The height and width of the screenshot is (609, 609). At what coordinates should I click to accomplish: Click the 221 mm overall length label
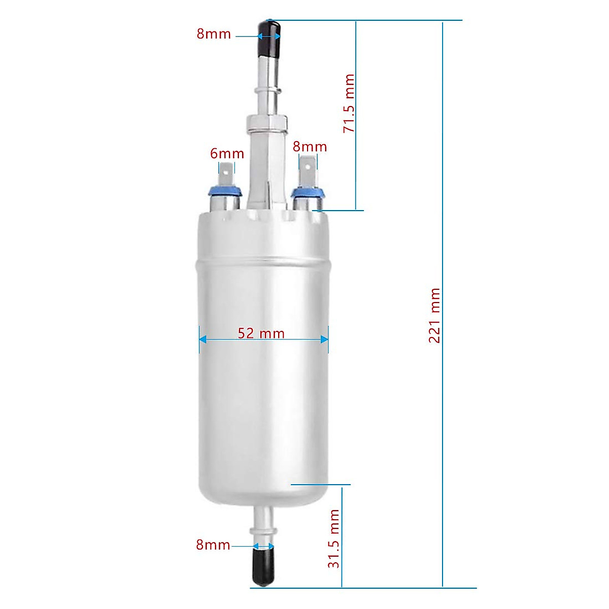click(x=434, y=316)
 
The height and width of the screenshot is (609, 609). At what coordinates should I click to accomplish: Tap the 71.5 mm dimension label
click(x=349, y=104)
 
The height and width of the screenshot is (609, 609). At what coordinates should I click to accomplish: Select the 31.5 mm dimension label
click(x=333, y=539)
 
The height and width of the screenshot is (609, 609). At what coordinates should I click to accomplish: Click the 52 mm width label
click(x=261, y=333)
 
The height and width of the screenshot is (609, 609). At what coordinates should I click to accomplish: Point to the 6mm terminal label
click(x=227, y=153)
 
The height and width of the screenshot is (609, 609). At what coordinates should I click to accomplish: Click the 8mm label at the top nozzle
click(x=214, y=34)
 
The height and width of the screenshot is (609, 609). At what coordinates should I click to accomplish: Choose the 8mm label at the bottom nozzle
click(x=213, y=545)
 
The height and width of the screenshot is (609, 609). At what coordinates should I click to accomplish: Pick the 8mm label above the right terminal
click(x=310, y=147)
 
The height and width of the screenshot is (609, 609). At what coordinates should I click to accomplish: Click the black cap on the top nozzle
click(x=269, y=40)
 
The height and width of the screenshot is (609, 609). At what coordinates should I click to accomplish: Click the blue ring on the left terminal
click(x=224, y=192)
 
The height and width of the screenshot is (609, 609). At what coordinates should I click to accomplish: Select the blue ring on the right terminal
click(x=307, y=192)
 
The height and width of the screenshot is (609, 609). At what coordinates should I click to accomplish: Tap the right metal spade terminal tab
click(x=307, y=172)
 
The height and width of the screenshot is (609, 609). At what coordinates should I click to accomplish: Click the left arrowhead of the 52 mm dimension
click(x=202, y=340)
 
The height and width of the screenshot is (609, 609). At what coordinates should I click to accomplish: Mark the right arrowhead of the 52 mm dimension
click(x=324, y=340)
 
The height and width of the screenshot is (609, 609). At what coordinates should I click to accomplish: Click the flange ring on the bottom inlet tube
click(x=263, y=531)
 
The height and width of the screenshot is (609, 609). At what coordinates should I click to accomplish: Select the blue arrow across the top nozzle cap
click(x=269, y=36)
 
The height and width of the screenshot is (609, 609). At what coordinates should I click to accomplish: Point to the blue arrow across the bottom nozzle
click(x=263, y=547)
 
